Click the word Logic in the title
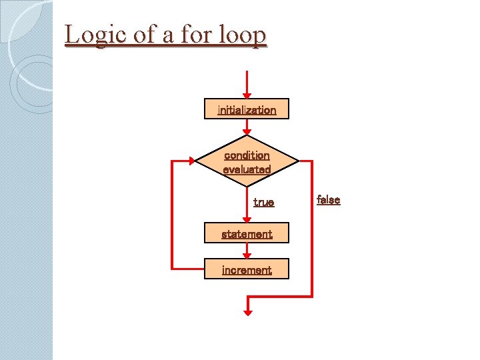click(x=97, y=34)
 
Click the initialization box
click(x=247, y=109)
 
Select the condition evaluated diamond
click(x=247, y=162)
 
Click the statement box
click(x=247, y=233)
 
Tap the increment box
click(x=247, y=269)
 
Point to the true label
click(x=263, y=201)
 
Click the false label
click(x=328, y=199)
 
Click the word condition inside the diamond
click(x=247, y=155)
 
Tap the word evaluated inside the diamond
click(x=247, y=169)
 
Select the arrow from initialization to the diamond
click(x=247, y=127)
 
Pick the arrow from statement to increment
click(x=247, y=251)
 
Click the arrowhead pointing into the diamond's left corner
click(x=191, y=161)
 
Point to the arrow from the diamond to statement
click(x=247, y=207)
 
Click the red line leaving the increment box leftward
click(x=188, y=269)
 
